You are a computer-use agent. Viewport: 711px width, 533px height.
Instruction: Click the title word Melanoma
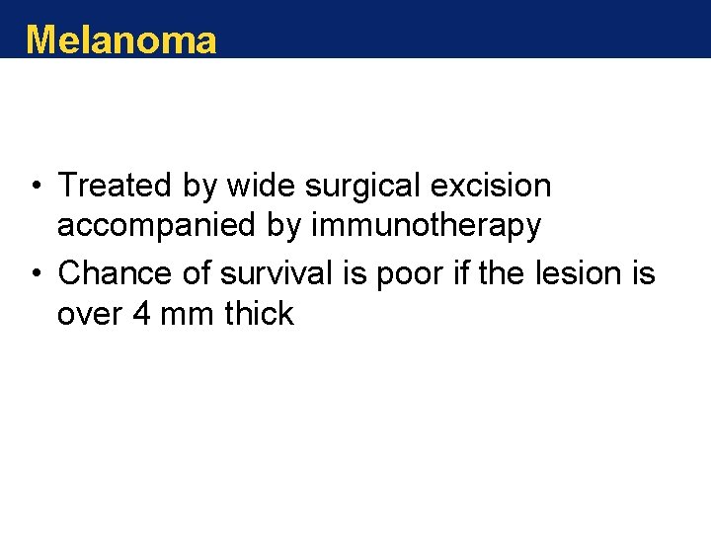click(120, 39)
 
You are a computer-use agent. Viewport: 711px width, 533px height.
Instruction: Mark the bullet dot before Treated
click(35, 187)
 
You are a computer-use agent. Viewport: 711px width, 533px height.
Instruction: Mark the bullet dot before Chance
click(35, 274)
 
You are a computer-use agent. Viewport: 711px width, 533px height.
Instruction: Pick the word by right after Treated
click(196, 187)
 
